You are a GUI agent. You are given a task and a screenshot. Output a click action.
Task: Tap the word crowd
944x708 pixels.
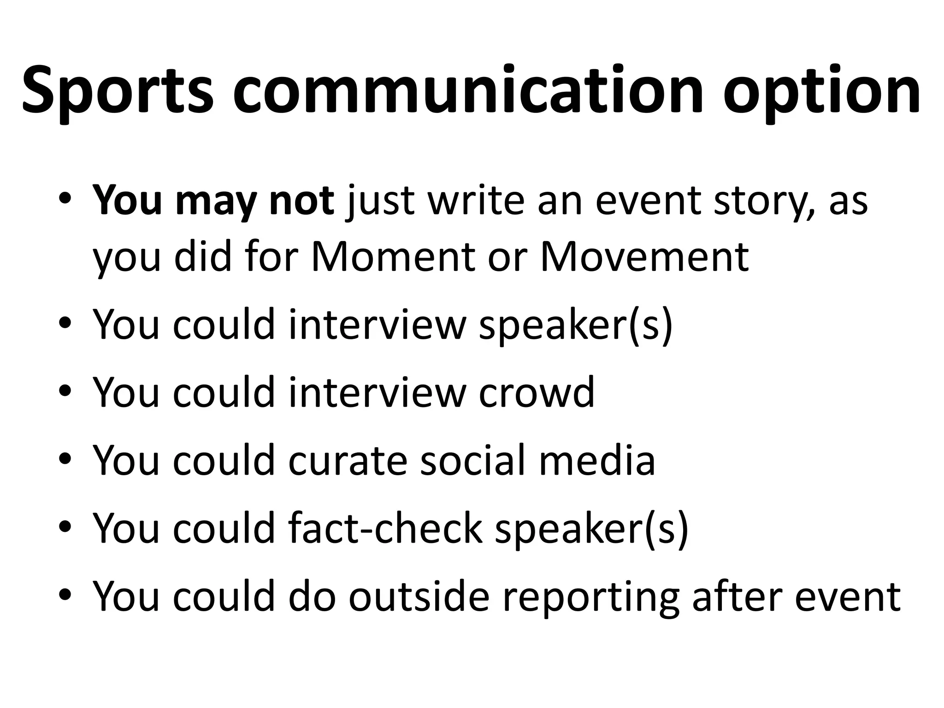537,392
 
